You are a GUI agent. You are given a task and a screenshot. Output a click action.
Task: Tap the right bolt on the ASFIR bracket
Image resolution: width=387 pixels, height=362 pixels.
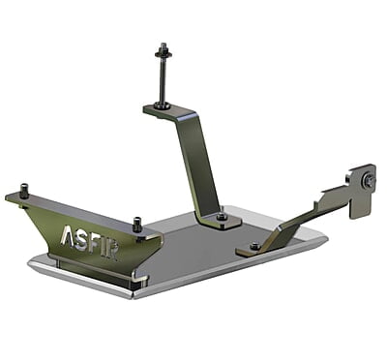pos(137,223)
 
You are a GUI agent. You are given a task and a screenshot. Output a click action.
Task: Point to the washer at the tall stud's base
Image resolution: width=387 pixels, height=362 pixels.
pos(161,106)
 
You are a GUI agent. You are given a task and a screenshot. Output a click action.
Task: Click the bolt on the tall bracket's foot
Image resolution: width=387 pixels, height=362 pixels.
pos(223,217)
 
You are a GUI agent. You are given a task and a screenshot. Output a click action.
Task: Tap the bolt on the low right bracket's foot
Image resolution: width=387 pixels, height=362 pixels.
pos(254,246)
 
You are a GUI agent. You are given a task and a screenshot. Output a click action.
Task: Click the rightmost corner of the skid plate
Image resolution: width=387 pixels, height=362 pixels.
pos(326,235)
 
